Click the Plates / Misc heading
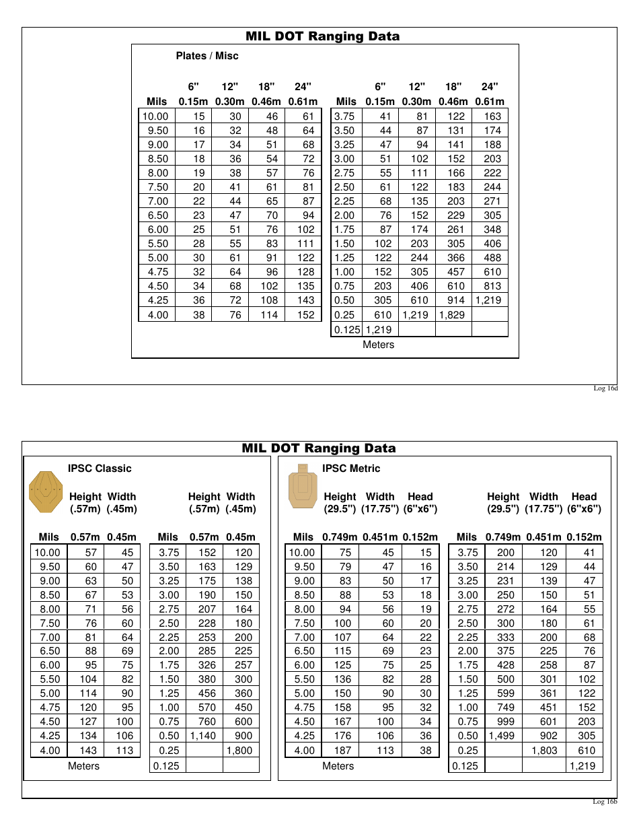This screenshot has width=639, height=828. pos(207,56)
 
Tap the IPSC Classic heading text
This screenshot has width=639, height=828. pos(100,469)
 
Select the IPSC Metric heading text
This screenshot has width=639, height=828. pos(351,469)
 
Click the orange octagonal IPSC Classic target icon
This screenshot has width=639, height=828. pos(46,492)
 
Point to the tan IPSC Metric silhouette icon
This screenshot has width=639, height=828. pos(303,486)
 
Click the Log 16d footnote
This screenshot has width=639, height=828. pos(605,388)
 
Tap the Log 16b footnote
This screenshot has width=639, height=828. pos(605,801)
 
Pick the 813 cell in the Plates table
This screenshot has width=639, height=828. pos(492,286)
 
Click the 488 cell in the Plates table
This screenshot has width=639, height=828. pos(492,258)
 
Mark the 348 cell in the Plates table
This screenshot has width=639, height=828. pos(492,230)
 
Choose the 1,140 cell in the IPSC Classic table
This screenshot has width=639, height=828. pos(202,736)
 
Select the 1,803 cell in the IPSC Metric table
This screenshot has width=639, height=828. pos(544,750)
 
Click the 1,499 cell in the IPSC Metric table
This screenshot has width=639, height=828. pos(501,736)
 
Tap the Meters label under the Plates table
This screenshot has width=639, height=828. pos(379,345)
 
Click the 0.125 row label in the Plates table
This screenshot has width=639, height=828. pos(347,330)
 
